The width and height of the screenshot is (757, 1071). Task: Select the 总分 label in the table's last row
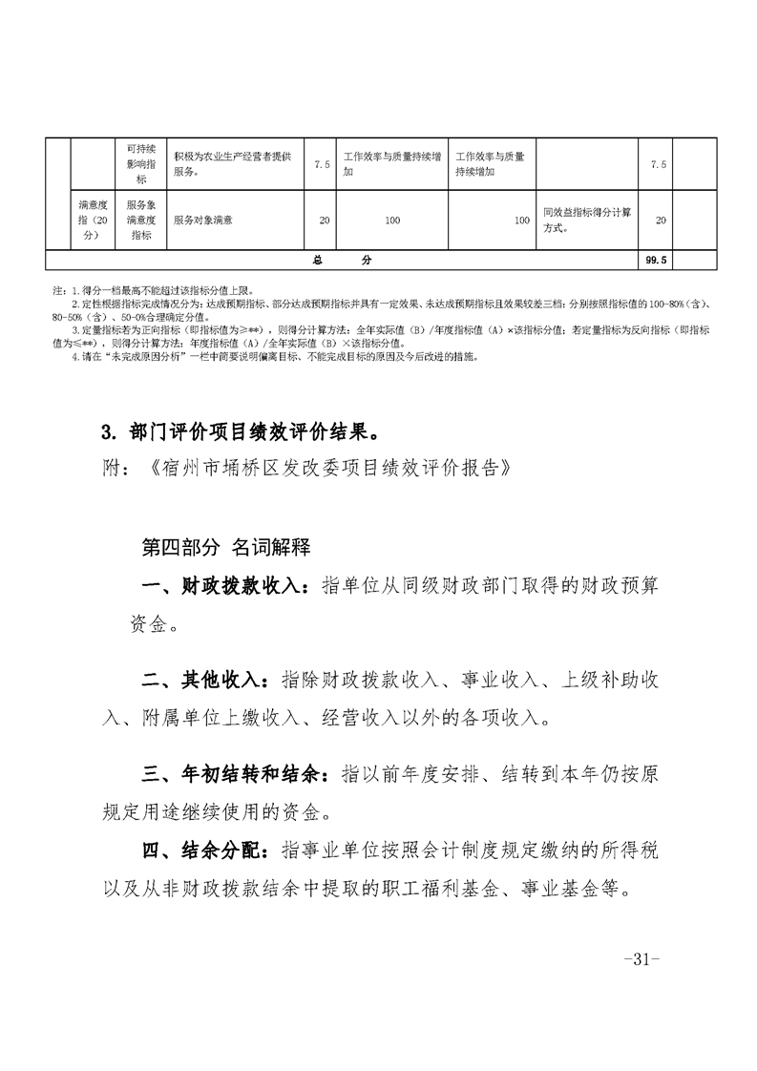pyautogui.click(x=343, y=260)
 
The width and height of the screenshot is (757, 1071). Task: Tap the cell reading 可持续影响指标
pyautogui.click(x=140, y=164)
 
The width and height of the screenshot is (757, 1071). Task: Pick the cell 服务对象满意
pyautogui.click(x=203, y=220)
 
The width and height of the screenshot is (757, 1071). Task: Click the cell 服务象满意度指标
pyautogui.click(x=140, y=220)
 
